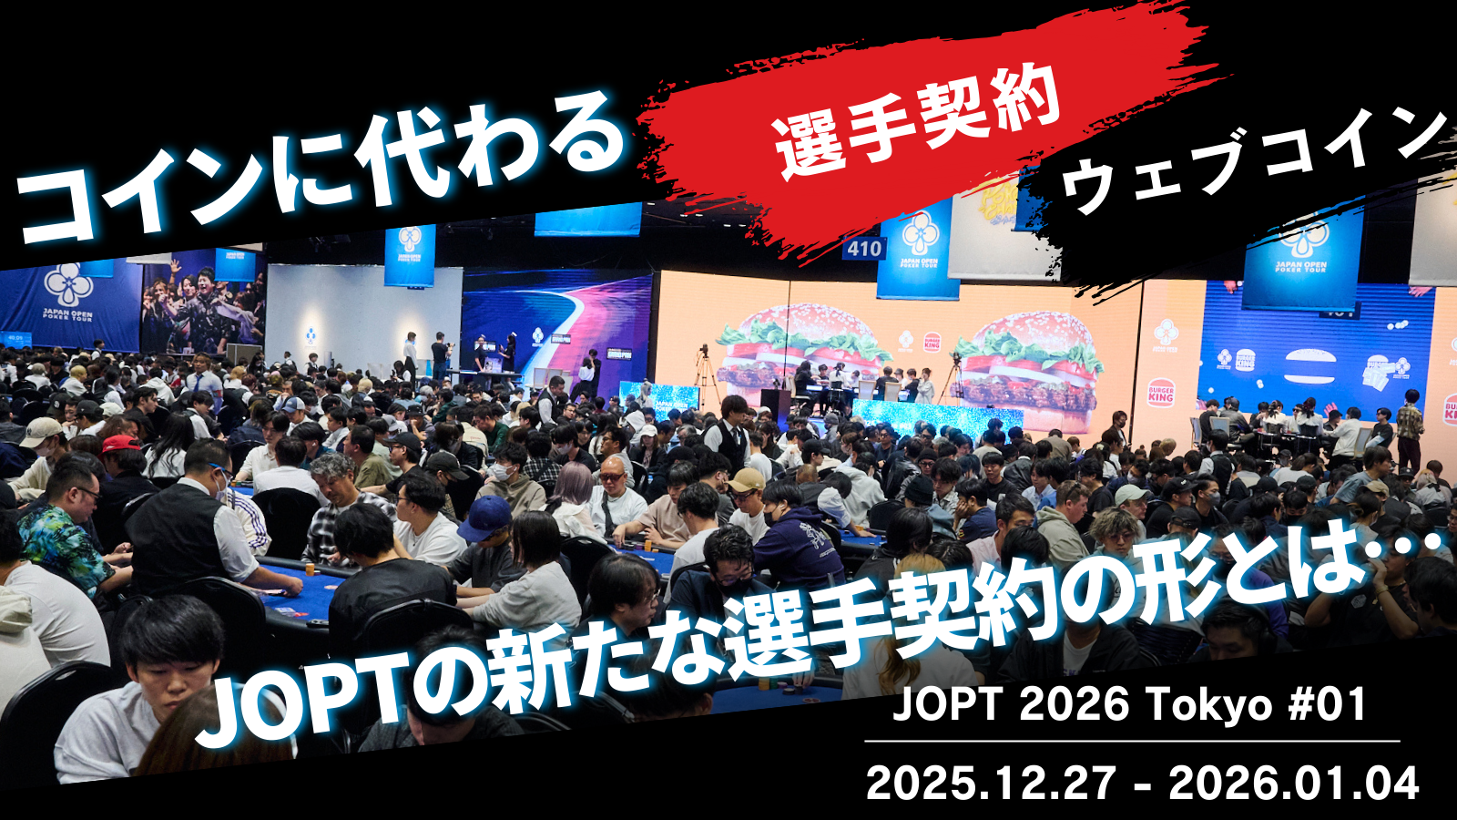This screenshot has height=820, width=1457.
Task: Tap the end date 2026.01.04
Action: pos(1293,783)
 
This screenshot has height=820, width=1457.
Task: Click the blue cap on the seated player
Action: pos(486,517)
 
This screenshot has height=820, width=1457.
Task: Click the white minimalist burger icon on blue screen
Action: pos(1309,367)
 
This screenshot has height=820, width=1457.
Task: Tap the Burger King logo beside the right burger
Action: pos(1160,393)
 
